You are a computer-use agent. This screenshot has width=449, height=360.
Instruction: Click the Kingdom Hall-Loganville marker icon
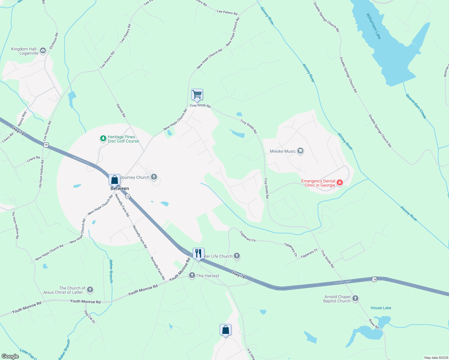43,51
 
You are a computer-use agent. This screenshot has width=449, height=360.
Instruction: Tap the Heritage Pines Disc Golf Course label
123,139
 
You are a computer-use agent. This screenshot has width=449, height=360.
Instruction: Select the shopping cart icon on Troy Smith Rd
197,94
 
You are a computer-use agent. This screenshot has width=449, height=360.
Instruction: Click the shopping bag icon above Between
114,180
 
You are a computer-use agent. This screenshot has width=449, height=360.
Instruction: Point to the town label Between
120,188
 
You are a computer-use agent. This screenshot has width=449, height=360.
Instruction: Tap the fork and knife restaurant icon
198,253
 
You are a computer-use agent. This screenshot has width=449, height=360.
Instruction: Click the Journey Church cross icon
154,177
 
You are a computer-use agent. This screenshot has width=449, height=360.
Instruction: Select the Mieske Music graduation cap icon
300,151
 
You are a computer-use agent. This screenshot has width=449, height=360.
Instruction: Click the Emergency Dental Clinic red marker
340,182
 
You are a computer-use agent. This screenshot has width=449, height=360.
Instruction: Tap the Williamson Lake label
374,26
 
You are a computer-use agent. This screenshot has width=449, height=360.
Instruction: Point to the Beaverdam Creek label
416,106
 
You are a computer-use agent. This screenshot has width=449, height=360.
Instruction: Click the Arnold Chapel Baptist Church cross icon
355,298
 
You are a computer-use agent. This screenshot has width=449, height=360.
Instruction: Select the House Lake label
381,308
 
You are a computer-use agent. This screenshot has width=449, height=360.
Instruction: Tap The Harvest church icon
192,275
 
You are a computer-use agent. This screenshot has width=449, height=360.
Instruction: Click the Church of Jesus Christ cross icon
90,290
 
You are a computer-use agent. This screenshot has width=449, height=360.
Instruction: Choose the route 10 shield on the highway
128,196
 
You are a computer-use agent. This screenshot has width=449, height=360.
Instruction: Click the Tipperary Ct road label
309,253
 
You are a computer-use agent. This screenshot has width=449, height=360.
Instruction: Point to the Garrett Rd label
121,110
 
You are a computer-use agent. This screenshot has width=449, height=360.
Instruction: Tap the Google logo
10,356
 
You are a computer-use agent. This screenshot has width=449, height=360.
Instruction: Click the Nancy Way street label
22,118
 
